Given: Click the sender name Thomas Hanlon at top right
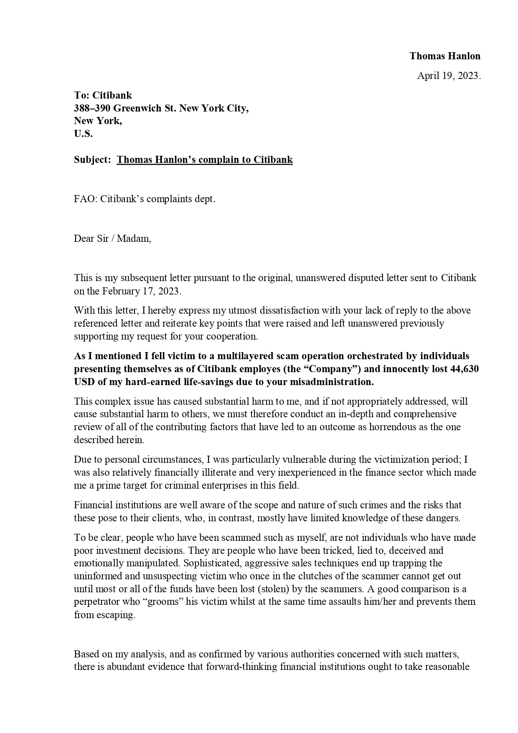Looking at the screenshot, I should pyautogui.click(x=444, y=56).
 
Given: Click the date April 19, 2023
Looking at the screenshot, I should pyautogui.click(x=449, y=76).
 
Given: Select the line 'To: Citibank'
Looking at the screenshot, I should pyautogui.click(x=103, y=96).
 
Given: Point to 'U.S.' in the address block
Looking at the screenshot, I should pyautogui.click(x=83, y=134).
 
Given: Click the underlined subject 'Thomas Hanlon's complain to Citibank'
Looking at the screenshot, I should pyautogui.click(x=205, y=160).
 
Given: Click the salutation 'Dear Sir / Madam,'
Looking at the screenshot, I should pyautogui.click(x=112, y=238).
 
